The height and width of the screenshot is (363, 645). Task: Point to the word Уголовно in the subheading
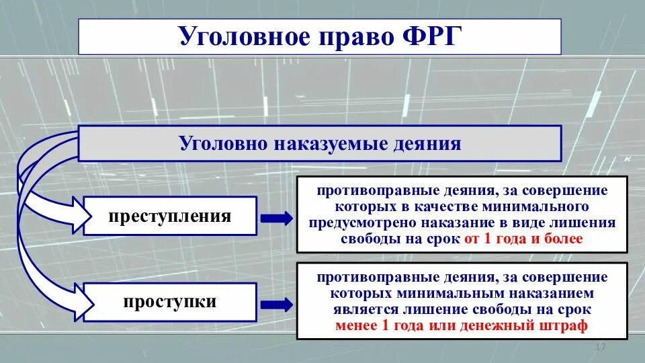(222, 143)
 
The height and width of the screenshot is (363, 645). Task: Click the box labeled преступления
(170, 216)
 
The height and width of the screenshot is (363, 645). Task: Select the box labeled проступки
(170, 302)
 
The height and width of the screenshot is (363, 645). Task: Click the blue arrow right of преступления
(276, 218)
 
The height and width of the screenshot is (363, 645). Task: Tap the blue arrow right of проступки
(276, 303)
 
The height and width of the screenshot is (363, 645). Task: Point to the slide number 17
(601, 346)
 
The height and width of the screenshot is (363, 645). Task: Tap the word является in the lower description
(365, 309)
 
